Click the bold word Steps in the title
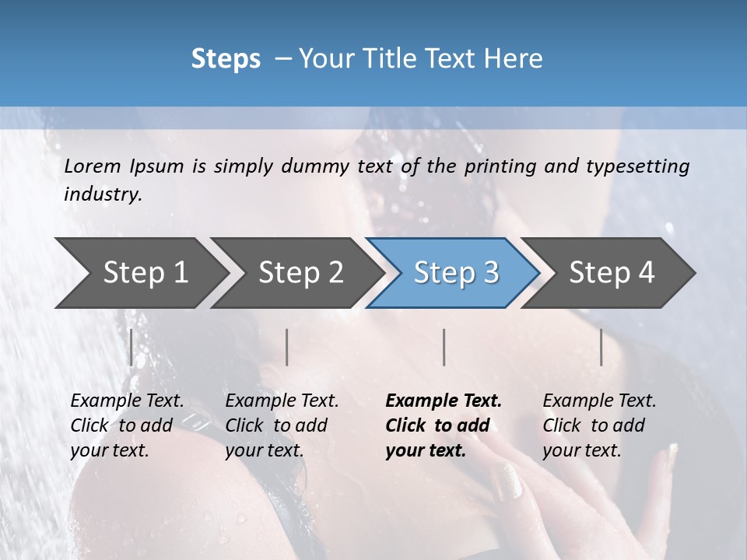coord(226,59)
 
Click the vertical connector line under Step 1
coord(131,347)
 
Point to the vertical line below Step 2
coord(287,347)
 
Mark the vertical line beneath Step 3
coord(444,347)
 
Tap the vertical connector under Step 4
coord(601,347)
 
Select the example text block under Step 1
coord(127,425)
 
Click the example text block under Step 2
coord(282,425)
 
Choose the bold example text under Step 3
coord(444,425)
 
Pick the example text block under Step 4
coord(599,425)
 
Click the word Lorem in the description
coord(93,166)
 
